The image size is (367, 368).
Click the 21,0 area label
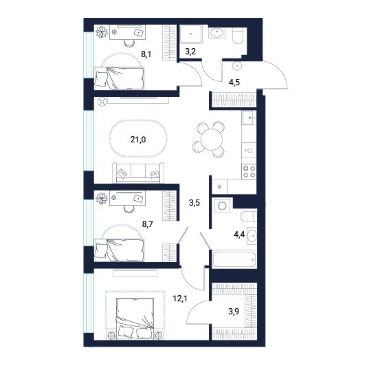(x=138, y=140)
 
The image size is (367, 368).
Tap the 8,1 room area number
(x=146, y=54)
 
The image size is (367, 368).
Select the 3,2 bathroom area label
(x=190, y=51)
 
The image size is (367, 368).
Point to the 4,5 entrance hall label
(x=234, y=83)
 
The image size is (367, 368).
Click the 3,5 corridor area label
(x=194, y=202)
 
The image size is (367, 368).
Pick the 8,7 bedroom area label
(x=148, y=224)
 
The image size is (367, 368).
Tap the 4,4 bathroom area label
(x=239, y=235)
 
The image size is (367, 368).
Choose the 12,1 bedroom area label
(x=180, y=299)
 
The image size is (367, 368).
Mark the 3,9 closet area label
(x=234, y=312)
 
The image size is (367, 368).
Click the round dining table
(x=212, y=140)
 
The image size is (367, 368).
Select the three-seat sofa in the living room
(x=138, y=173)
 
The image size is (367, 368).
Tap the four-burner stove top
(x=249, y=171)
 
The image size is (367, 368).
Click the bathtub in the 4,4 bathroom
(x=234, y=259)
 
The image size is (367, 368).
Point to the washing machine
(x=222, y=206)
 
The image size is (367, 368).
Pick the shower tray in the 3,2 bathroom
(x=190, y=34)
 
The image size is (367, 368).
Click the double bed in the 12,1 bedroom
(x=135, y=318)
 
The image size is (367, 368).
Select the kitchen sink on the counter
(x=249, y=118)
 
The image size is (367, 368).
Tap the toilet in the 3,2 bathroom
(x=239, y=36)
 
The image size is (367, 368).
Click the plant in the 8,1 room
(x=102, y=32)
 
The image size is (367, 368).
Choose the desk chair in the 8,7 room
(x=129, y=208)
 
